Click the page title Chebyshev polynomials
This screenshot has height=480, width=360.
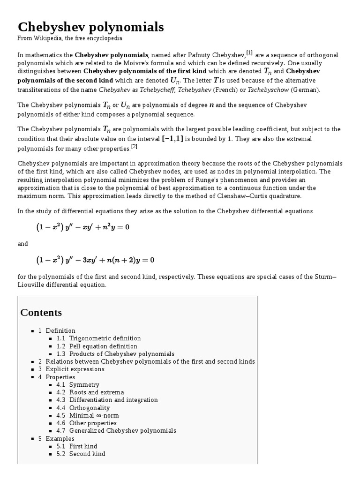[x=91, y=27]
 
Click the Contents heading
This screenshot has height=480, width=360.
[x=41, y=312]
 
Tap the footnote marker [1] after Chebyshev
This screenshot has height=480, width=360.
[x=249, y=53]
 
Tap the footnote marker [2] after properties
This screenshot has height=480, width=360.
[x=134, y=147]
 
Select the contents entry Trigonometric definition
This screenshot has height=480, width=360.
[x=105, y=338]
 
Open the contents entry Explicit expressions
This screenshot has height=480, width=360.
[x=75, y=369]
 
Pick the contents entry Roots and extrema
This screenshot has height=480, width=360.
[x=97, y=392]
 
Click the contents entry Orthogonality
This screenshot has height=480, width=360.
[x=90, y=408]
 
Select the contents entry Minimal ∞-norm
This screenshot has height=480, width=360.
[x=94, y=415]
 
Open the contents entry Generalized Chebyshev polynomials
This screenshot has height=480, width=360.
[x=122, y=430]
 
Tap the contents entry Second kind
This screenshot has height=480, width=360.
[x=87, y=454]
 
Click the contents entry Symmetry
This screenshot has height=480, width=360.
[x=84, y=385]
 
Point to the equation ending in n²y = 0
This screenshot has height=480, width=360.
[x=82, y=227]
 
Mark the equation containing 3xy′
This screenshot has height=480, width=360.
[x=95, y=259]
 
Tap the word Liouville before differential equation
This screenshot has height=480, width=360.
[x=34, y=285]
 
